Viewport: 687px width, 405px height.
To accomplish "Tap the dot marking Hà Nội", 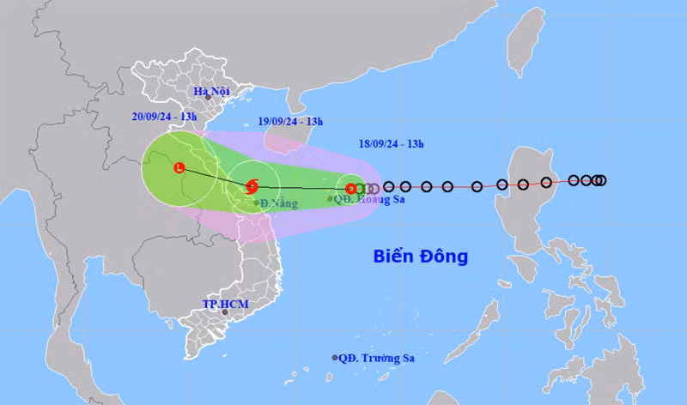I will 207,98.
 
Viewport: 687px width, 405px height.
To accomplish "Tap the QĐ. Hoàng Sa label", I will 369,199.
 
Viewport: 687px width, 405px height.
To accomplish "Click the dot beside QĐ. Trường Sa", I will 335,358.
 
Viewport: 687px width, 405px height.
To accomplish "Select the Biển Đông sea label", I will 420,256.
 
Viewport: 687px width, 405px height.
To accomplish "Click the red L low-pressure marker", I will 179,167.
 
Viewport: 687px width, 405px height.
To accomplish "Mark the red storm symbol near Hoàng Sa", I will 350,189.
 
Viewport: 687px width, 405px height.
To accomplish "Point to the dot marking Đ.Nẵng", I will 257,203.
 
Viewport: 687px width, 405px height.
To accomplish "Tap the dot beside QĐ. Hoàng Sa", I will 331,199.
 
